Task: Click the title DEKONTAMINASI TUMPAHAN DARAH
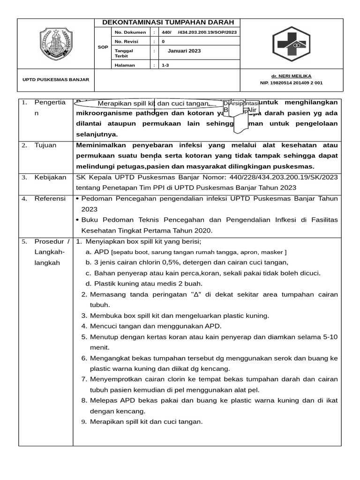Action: tap(167, 23)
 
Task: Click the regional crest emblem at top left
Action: tap(55, 45)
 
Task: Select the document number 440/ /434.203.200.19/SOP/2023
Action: tap(199, 32)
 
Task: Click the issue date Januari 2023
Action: tap(184, 51)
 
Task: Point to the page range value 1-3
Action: tap(165, 66)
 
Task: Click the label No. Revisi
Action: tap(126, 42)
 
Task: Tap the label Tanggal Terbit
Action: tap(124, 53)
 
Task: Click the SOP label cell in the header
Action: tap(103, 47)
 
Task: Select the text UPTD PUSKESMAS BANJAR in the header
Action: tap(56, 80)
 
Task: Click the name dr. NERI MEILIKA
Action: tap(291, 76)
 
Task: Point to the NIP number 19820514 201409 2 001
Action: tap(291, 83)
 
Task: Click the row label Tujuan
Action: tap(45, 145)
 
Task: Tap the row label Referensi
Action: tap(50, 199)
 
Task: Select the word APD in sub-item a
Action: tap(101, 252)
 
